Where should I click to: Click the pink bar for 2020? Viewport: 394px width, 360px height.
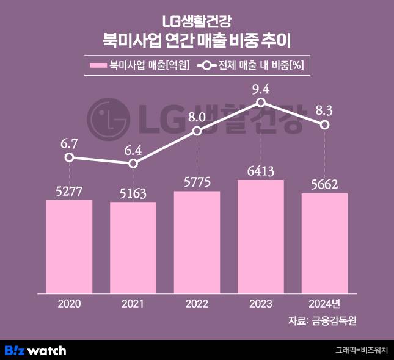tap(69, 247)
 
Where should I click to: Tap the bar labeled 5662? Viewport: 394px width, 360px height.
tap(325, 243)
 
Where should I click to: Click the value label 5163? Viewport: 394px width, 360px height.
tap(133, 195)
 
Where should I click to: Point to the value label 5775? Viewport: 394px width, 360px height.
tap(197, 184)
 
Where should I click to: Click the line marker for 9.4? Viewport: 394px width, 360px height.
tap(261, 103)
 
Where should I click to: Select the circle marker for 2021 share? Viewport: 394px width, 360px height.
tap(133, 164)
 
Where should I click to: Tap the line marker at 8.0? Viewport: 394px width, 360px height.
tap(197, 131)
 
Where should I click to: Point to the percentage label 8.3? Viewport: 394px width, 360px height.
tap(325, 110)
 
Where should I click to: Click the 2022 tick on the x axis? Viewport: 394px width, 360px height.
tap(197, 303)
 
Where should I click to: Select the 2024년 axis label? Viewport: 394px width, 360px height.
tap(325, 303)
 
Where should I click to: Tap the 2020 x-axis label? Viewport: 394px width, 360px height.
tap(69, 303)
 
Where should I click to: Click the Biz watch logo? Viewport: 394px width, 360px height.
tap(35, 350)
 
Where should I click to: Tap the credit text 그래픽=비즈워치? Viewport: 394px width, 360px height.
tap(361, 350)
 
